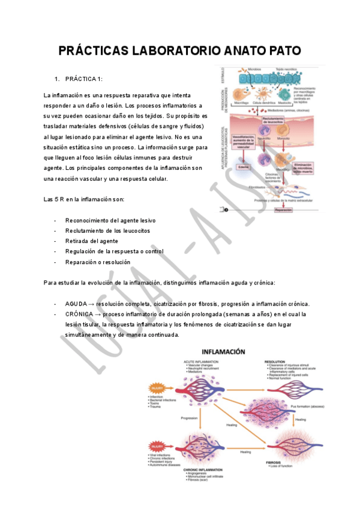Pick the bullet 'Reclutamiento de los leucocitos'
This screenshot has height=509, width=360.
[107, 230]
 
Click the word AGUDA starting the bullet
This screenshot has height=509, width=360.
[76, 304]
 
